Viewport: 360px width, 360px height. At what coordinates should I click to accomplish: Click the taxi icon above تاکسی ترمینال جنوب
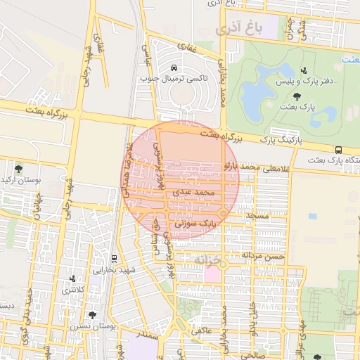point(174,68)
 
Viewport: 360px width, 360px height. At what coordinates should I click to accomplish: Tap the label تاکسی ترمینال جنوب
point(173,79)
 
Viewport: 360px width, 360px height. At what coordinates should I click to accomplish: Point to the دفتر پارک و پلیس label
point(306,82)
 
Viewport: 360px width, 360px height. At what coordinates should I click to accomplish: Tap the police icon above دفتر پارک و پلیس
point(304,70)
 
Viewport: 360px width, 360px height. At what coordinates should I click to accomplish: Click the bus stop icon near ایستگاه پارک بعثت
point(339,149)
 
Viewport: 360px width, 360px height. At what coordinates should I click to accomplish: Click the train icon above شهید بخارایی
point(115,259)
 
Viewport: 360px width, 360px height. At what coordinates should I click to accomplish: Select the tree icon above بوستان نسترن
point(91,316)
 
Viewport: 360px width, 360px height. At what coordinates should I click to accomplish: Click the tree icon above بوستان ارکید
point(18,169)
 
